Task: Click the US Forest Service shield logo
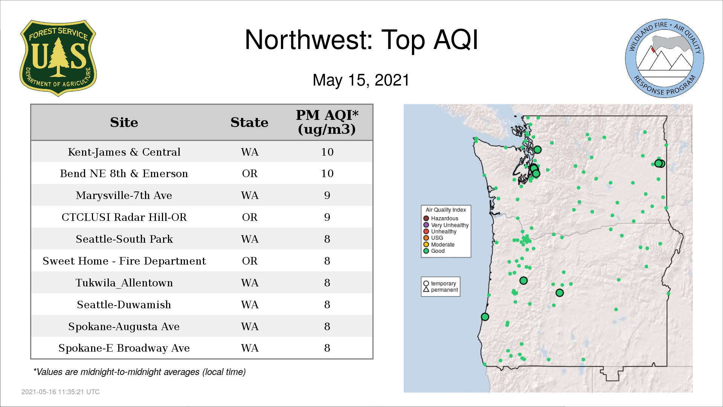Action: click(x=58, y=58)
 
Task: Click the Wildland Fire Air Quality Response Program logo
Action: click(x=665, y=58)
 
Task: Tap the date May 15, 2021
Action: click(x=361, y=80)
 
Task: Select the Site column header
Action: click(x=124, y=122)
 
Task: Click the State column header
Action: click(x=249, y=122)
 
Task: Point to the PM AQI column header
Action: click(x=327, y=122)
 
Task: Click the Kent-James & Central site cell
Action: click(x=124, y=152)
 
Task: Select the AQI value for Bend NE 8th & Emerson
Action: click(x=327, y=173)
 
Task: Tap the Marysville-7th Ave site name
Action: click(x=124, y=195)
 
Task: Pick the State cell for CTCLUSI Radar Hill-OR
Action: click(x=250, y=217)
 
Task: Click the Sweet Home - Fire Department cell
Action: click(x=124, y=261)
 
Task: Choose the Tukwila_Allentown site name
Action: click(x=124, y=283)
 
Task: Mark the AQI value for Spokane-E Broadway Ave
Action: click(x=327, y=348)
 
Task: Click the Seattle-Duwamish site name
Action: click(x=124, y=304)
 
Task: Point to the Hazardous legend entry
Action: click(x=441, y=219)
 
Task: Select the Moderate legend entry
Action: click(x=439, y=245)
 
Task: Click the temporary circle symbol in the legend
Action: click(x=426, y=283)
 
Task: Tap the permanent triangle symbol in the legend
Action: click(x=426, y=289)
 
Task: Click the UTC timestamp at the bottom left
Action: click(x=61, y=392)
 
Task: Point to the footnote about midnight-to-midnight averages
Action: click(x=139, y=372)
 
